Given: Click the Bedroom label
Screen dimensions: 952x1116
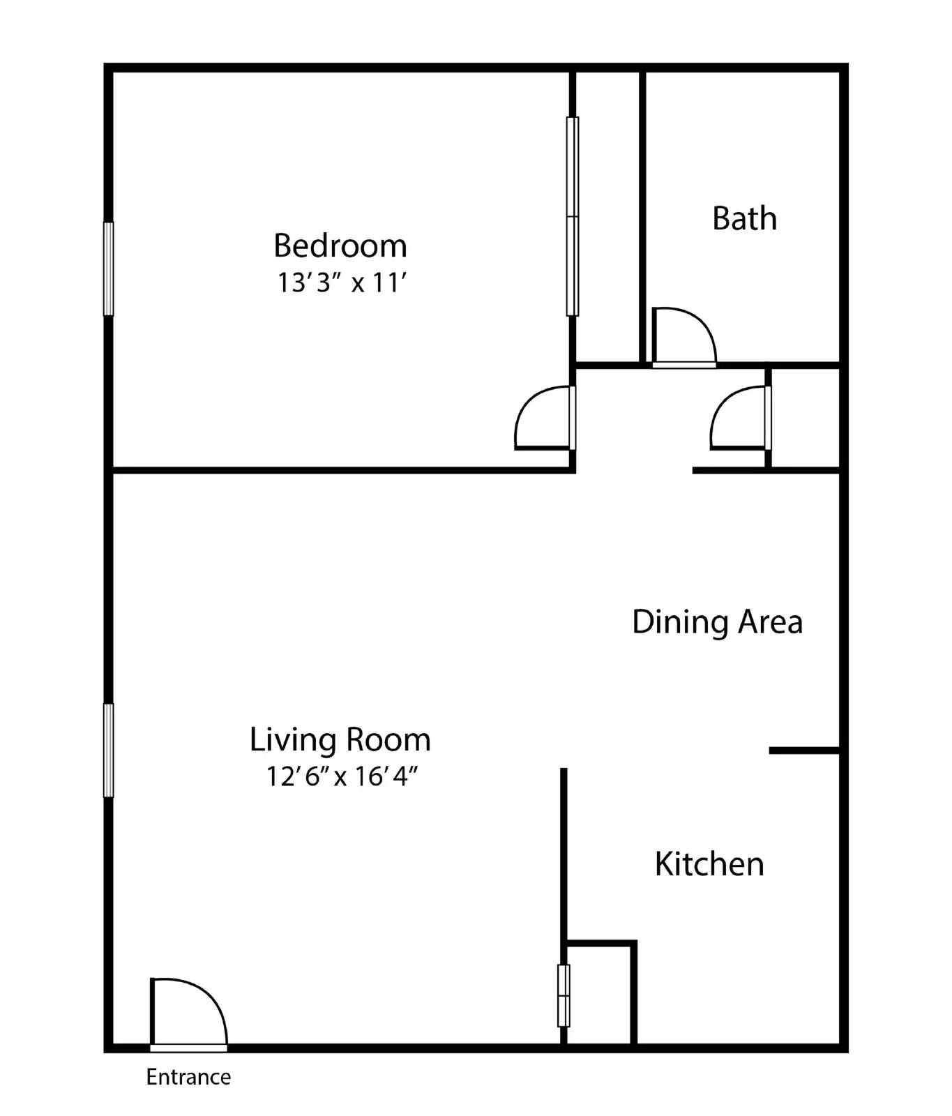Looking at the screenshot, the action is pos(340,246).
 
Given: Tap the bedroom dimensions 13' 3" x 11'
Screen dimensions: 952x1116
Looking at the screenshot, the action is pos(342,283).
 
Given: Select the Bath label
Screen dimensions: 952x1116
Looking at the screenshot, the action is pos(744,218).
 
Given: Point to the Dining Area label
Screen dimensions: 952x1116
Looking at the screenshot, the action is pos(717,621).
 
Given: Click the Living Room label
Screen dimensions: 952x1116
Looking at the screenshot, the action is pos(340,739).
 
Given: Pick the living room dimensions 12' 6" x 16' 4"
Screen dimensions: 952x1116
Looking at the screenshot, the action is pos(342,776).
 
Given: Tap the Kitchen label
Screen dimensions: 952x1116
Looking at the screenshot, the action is pos(709,864).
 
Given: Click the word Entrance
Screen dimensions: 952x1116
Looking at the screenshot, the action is pos(188,1077).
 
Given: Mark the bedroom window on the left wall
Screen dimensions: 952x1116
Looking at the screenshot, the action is pos(108,269).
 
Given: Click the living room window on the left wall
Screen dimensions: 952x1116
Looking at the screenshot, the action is pos(108,751).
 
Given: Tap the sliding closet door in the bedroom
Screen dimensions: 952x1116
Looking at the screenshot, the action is pos(573,216).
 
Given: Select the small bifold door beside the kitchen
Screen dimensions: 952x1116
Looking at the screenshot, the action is pos(564,995).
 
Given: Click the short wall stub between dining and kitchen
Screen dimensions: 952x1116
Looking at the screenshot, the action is pos(804,751).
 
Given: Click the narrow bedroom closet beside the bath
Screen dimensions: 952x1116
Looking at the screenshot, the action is pos(607,216).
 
